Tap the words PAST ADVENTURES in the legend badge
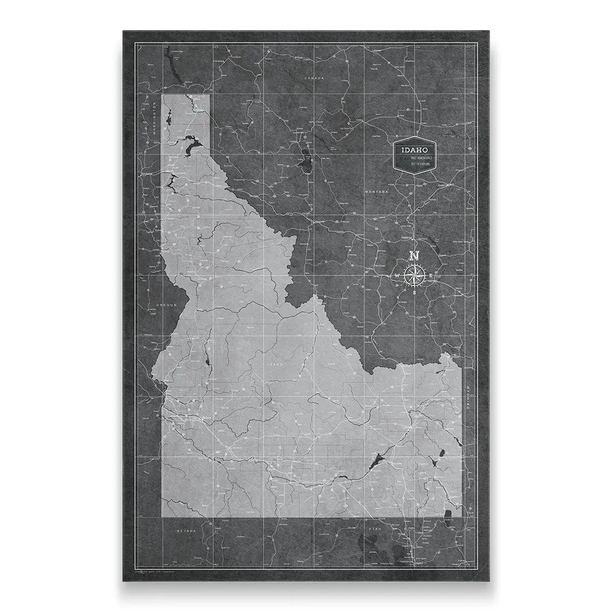coord(422,159)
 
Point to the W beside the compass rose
coord(398,276)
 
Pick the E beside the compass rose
coord(431,276)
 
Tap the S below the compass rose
coord(414,293)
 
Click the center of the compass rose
coord(414,275)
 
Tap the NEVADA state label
coord(186,531)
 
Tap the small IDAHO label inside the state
coord(274,364)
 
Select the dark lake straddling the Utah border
coord(448,515)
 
